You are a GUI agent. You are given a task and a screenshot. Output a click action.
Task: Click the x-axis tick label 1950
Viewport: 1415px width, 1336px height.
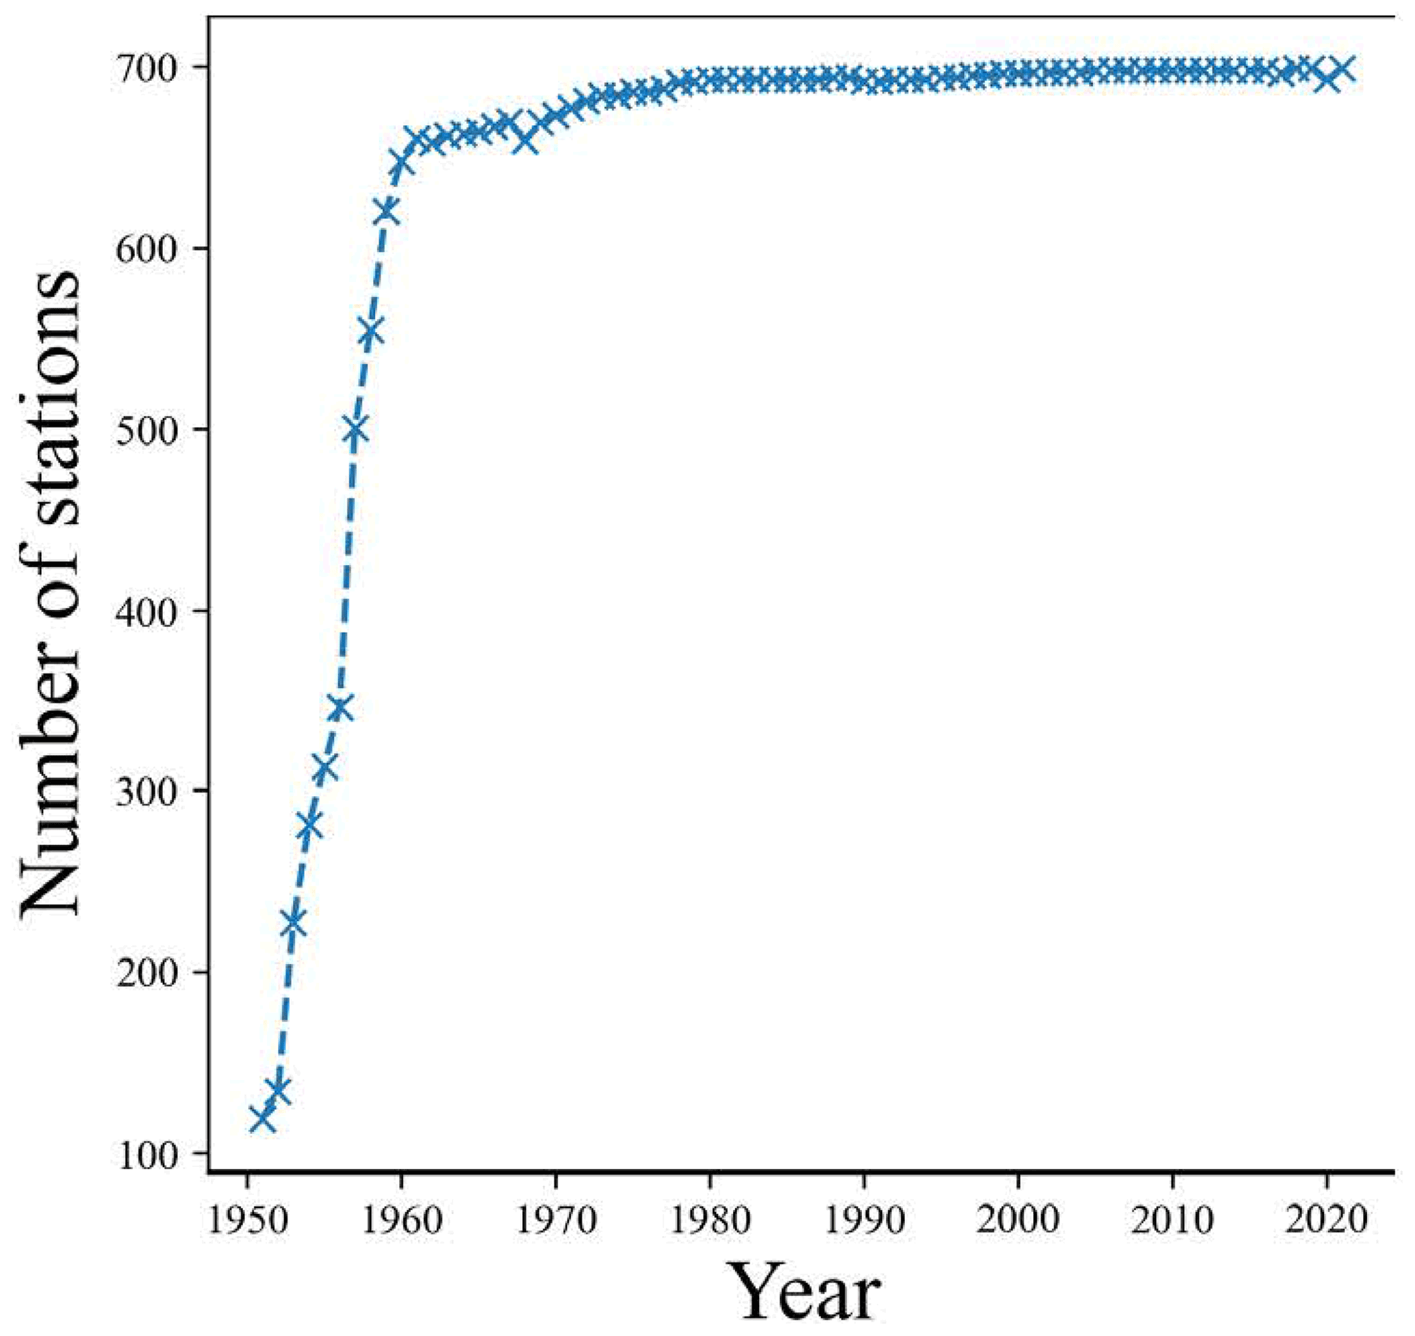[x=247, y=1220]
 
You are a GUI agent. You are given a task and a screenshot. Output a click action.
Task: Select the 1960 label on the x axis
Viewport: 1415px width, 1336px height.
[x=402, y=1220]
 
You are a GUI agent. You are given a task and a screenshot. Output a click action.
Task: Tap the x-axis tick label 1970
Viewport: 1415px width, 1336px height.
[x=555, y=1220]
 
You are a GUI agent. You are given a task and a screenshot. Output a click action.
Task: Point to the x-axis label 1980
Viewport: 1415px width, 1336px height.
[x=710, y=1220]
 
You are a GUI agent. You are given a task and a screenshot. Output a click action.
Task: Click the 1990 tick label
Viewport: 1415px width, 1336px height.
[x=864, y=1220]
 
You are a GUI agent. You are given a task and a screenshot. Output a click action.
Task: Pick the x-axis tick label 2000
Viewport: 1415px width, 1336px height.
[x=1019, y=1220]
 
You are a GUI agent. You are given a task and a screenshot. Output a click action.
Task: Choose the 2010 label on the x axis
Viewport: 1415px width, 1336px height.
[x=1172, y=1220]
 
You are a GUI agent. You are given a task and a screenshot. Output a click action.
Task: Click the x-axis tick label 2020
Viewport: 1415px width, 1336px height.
[x=1327, y=1220]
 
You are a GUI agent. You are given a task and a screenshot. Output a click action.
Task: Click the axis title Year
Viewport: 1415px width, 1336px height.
[x=807, y=1293]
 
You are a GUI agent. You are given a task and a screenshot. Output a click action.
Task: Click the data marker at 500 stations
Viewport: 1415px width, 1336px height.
[x=355, y=430]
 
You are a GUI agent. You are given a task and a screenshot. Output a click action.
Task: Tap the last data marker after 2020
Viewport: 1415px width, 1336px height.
[x=1342, y=70]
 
